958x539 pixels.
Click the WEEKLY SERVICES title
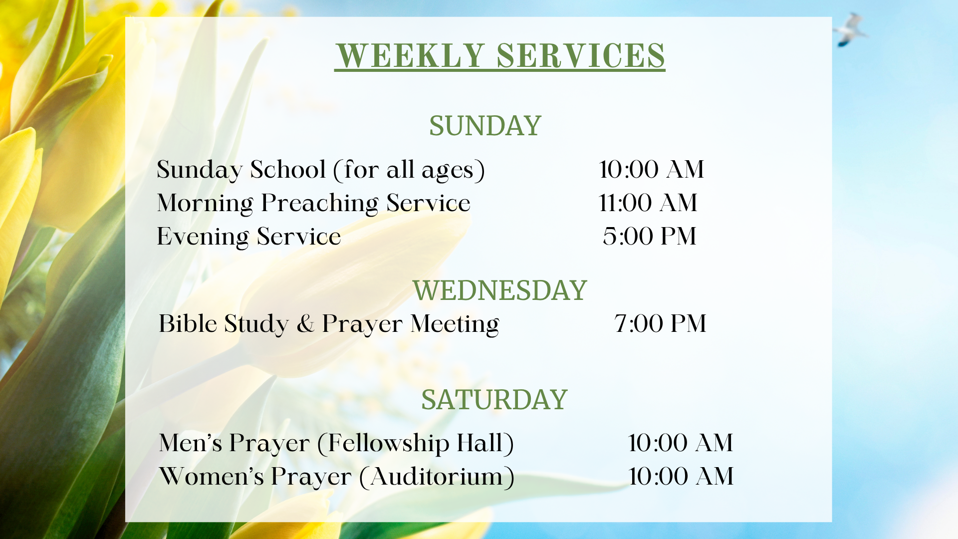click(x=500, y=55)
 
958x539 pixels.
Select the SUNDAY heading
click(x=485, y=126)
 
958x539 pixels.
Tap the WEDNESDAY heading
click(x=500, y=290)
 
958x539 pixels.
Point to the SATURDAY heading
click(x=494, y=400)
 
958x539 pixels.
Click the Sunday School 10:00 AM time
click(x=652, y=170)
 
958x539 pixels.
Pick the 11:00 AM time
click(x=648, y=203)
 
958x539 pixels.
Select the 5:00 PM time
click(x=649, y=237)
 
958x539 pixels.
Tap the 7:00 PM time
click(x=660, y=324)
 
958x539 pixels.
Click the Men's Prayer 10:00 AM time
click(x=681, y=443)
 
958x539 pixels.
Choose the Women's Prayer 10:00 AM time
click(x=681, y=477)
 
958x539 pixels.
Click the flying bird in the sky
click(x=851, y=30)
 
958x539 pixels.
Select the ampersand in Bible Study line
click(x=305, y=324)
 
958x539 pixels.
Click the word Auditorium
click(x=437, y=477)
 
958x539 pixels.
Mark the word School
click(x=288, y=170)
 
